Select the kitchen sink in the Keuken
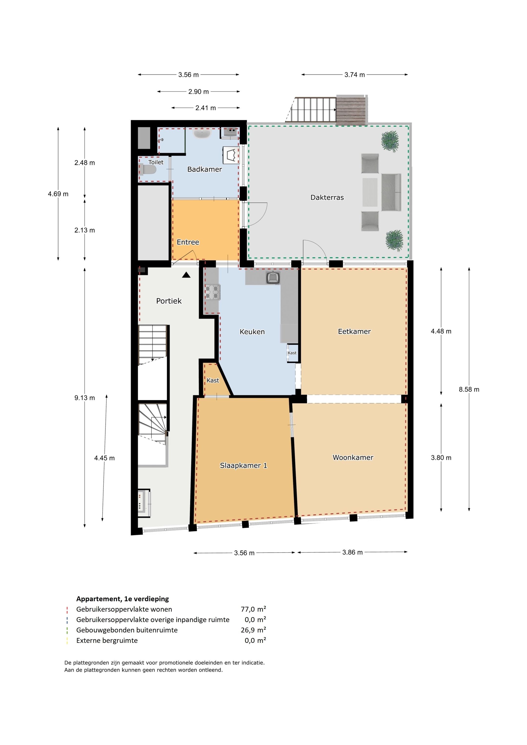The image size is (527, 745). pos(273,278)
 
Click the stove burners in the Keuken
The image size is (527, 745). pos(212,292)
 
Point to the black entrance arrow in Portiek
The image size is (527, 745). pos(186,275)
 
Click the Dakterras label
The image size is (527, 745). pos(327,197)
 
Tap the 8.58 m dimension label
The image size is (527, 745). pos(469,389)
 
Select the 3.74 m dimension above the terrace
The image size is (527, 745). pos(355,75)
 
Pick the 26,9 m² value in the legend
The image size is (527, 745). pos(253,630)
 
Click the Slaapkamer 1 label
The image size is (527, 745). pos(243,465)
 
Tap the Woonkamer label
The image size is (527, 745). pos(353,457)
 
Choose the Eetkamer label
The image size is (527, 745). pos(354,331)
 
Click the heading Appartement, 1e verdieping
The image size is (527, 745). pos(122,599)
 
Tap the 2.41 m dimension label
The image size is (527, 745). pos(205,108)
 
